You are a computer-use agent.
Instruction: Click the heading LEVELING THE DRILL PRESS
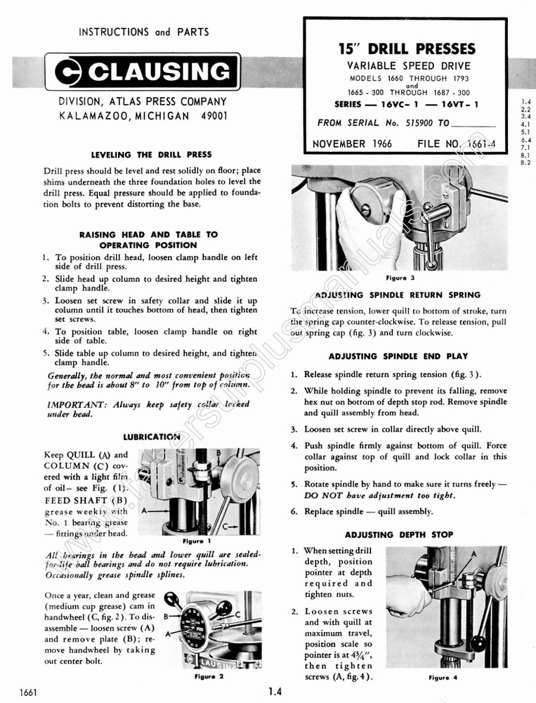pyautogui.click(x=152, y=154)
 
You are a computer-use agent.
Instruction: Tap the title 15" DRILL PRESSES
pyautogui.click(x=407, y=49)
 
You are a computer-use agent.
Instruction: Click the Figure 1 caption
pyautogui.click(x=192, y=542)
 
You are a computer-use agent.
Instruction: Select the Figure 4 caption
pyautogui.click(x=443, y=678)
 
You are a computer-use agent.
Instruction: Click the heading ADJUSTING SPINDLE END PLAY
pyautogui.click(x=398, y=356)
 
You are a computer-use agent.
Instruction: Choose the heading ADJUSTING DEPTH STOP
pyautogui.click(x=398, y=534)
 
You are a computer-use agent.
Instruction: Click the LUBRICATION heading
pyautogui.click(x=152, y=437)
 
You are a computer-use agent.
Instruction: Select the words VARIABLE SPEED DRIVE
pyautogui.click(x=406, y=66)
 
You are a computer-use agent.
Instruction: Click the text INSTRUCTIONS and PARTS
pyautogui.click(x=143, y=32)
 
